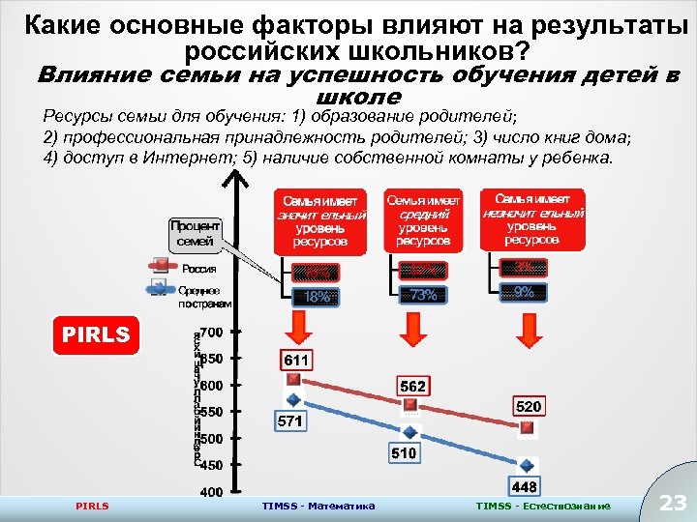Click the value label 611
click(295, 360)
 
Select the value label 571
click(290, 421)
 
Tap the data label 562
click(413, 386)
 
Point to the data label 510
click(404, 451)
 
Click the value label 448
click(524, 485)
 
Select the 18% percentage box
click(318, 297)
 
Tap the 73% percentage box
click(423, 295)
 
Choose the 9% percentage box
click(524, 291)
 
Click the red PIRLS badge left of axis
click(96, 334)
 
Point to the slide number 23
click(671, 502)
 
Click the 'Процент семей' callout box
click(196, 233)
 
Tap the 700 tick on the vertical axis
click(211, 333)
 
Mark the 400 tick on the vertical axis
click(211, 492)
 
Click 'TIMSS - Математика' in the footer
click(318, 506)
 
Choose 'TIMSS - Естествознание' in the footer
click(543, 506)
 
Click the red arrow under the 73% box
click(417, 329)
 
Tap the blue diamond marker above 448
click(526, 463)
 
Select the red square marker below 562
click(410, 406)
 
